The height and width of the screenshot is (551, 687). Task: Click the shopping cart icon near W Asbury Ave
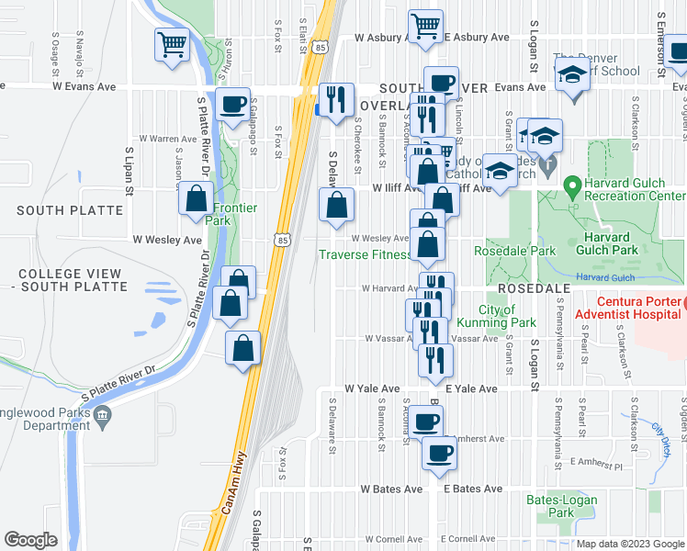[x=425, y=27]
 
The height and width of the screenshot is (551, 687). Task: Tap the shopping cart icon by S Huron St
[x=173, y=44]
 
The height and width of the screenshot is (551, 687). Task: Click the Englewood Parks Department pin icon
[x=103, y=418]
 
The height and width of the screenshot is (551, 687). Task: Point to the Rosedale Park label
[x=502, y=251]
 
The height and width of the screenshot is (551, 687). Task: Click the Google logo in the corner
[x=30, y=539]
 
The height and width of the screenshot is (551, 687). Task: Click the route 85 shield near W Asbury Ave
[x=318, y=46]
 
